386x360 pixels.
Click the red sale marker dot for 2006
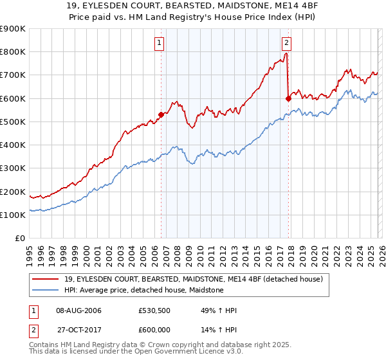click(161, 114)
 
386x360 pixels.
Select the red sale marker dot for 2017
click(288, 98)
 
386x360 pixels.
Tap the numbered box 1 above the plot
click(159, 44)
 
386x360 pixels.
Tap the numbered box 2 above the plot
click(286, 44)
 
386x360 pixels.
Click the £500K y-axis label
click(13, 122)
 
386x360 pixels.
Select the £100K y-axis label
click(13, 215)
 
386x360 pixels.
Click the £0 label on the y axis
click(19, 239)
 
